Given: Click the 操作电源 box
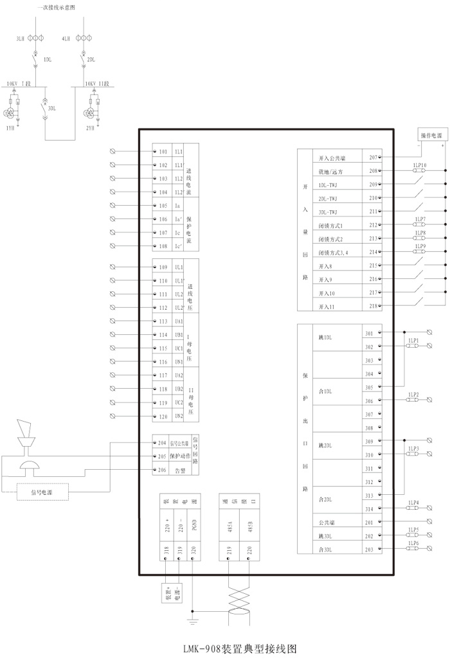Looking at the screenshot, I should [431, 135].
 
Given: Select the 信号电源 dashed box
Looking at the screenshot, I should [43, 492].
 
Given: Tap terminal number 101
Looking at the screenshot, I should [163, 152].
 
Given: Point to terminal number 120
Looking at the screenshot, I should [163, 416].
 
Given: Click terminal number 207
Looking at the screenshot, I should [372, 157].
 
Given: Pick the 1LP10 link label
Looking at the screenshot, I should [420, 165].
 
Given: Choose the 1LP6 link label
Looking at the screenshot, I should [413, 543].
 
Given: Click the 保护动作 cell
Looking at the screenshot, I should [180, 456].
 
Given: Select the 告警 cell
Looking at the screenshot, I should [180, 470].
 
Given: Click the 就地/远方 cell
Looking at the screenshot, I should [330, 172].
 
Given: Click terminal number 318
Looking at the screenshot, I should [166, 550].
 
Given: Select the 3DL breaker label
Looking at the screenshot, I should [52, 109].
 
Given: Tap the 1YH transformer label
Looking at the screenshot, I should [10, 128].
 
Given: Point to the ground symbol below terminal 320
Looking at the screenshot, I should [194, 621].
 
